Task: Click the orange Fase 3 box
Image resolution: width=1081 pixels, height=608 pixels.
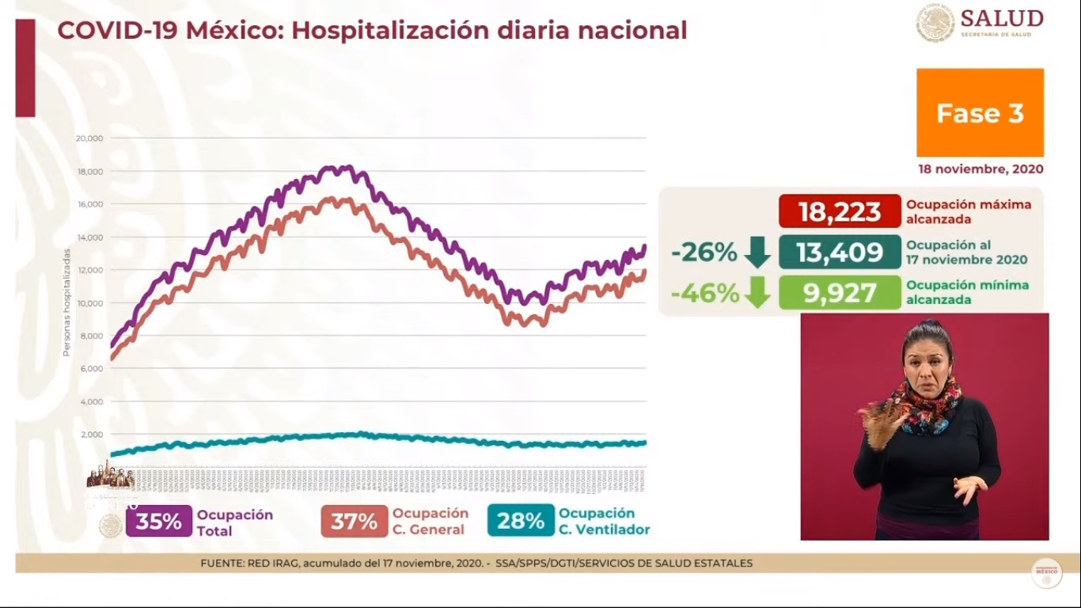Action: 980,112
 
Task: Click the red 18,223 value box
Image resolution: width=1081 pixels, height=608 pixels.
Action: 840,211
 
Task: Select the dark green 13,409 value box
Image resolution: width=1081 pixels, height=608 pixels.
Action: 840,252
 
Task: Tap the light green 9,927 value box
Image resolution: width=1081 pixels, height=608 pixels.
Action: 840,293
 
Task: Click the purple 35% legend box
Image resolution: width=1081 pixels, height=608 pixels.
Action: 158,522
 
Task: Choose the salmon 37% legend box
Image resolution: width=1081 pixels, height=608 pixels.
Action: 354,522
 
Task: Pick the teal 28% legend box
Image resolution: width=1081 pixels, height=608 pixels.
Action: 521,522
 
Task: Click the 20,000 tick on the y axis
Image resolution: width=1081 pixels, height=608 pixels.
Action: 89,139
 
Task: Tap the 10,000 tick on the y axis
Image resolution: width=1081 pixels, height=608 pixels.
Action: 89,303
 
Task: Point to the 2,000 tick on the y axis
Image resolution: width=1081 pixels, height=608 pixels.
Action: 92,435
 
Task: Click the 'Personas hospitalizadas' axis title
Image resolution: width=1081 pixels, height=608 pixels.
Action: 67,302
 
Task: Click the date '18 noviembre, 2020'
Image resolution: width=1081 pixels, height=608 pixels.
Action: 980,169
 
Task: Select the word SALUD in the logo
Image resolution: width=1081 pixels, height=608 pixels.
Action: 1002,18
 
